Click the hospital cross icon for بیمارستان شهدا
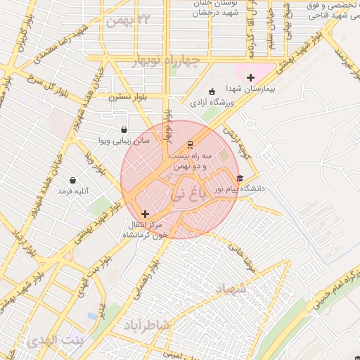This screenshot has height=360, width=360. pyautogui.click(x=250, y=77)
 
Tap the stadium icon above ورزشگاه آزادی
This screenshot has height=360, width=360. pyautogui.click(x=212, y=91)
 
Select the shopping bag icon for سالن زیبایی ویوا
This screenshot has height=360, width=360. pyautogui.click(x=124, y=129)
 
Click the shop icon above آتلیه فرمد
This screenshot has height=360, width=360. pyautogui.click(x=72, y=180)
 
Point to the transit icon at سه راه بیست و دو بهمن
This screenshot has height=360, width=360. pyautogui.click(x=188, y=145)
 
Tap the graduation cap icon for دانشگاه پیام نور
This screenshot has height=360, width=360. pyautogui.click(x=240, y=179)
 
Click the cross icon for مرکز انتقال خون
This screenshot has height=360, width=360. pyautogui.click(x=145, y=214)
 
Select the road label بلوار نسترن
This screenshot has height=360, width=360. pyautogui.click(x=126, y=98)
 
